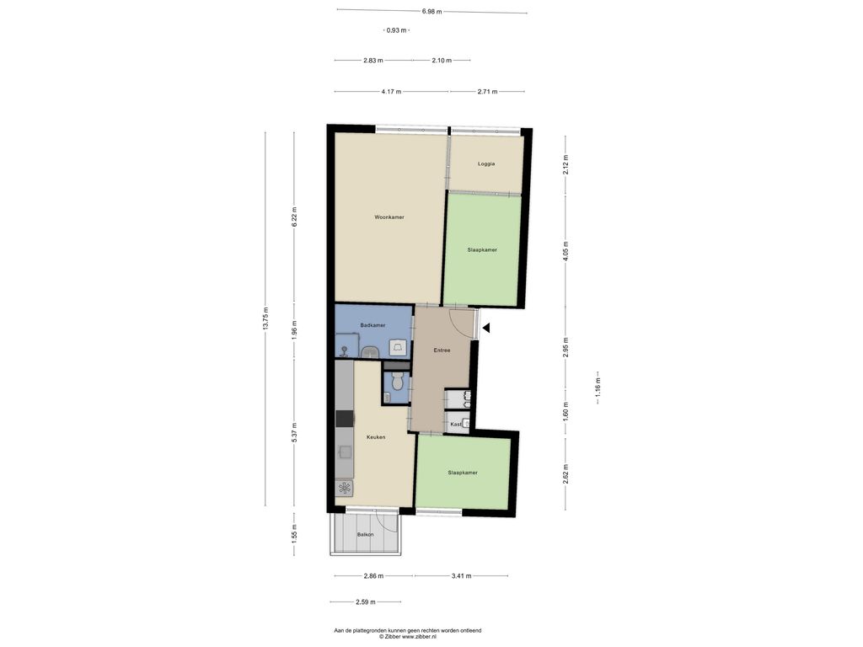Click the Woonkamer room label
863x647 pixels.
tap(389, 217)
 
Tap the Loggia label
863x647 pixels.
tap(486, 163)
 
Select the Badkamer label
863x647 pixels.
tap(373, 325)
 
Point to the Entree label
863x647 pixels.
tap(442, 350)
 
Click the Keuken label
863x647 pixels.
tap(376, 437)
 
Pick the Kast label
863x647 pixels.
tap(455, 424)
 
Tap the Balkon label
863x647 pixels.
tap(365, 534)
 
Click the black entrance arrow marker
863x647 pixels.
tap(486, 329)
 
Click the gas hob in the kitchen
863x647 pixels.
tap(345, 487)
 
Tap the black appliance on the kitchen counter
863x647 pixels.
tap(345, 418)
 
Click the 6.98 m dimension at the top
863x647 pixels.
tap(432, 12)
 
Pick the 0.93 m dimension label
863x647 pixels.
tap(396, 30)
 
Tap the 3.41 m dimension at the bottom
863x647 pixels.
tap(460, 576)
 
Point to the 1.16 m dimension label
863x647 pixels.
tap(598, 388)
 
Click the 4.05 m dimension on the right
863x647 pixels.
tap(566, 249)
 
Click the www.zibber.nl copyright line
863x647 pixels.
tap(408, 636)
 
